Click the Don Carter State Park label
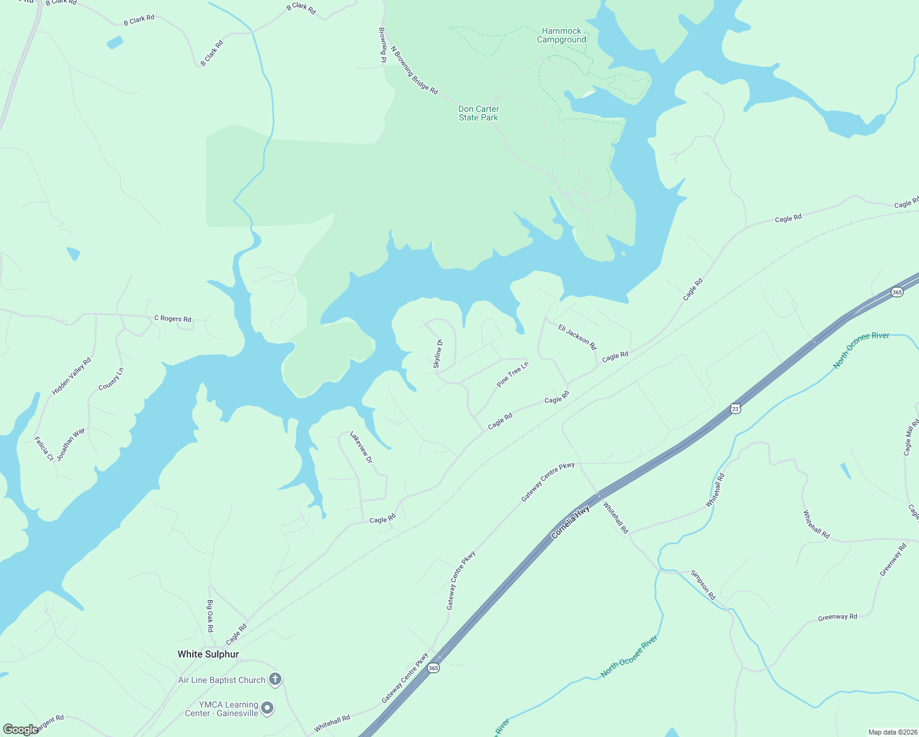(479, 114)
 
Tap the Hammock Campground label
(561, 36)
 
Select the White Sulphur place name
(208, 654)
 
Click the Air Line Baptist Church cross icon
(275, 679)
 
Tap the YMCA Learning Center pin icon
(267, 709)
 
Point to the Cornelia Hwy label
(571, 523)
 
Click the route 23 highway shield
(735, 408)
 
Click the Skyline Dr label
(438, 354)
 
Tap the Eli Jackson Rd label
(577, 337)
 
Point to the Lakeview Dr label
(361, 447)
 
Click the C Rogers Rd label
(173, 319)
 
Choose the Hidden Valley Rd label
(71, 376)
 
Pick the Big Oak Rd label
(210, 616)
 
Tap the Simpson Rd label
(703, 585)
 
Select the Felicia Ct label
(44, 448)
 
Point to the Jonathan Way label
(71, 445)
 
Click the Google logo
(21, 729)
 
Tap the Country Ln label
(111, 379)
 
